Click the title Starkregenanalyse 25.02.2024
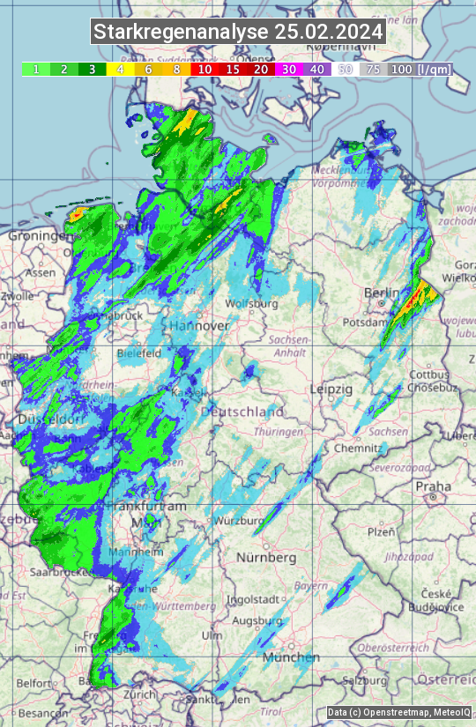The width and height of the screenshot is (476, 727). coord(238,32)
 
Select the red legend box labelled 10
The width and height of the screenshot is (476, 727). coord(205,69)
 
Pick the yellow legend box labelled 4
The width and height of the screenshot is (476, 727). coord(120,69)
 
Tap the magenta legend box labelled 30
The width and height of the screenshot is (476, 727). coord(289,69)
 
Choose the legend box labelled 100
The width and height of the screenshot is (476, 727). coord(401,69)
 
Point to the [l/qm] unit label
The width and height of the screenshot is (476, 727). coord(434,69)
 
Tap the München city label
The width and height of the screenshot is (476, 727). coord(290,657)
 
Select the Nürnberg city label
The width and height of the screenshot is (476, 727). coord(266,558)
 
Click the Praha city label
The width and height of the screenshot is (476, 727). coord(434,486)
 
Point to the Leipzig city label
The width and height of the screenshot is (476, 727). coord(331,389)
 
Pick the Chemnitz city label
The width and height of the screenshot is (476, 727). coord(352,448)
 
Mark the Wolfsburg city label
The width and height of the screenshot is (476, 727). coord(252,304)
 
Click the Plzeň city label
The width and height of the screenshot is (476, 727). coord(380,531)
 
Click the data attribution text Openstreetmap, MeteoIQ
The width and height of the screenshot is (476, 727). coord(399,712)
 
